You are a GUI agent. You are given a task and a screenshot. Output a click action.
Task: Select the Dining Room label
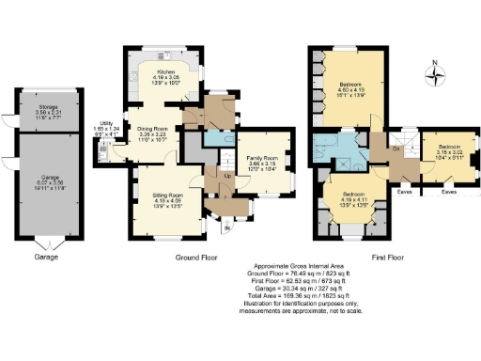click(151, 133)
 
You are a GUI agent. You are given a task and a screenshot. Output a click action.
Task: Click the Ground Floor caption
click(197, 257)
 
